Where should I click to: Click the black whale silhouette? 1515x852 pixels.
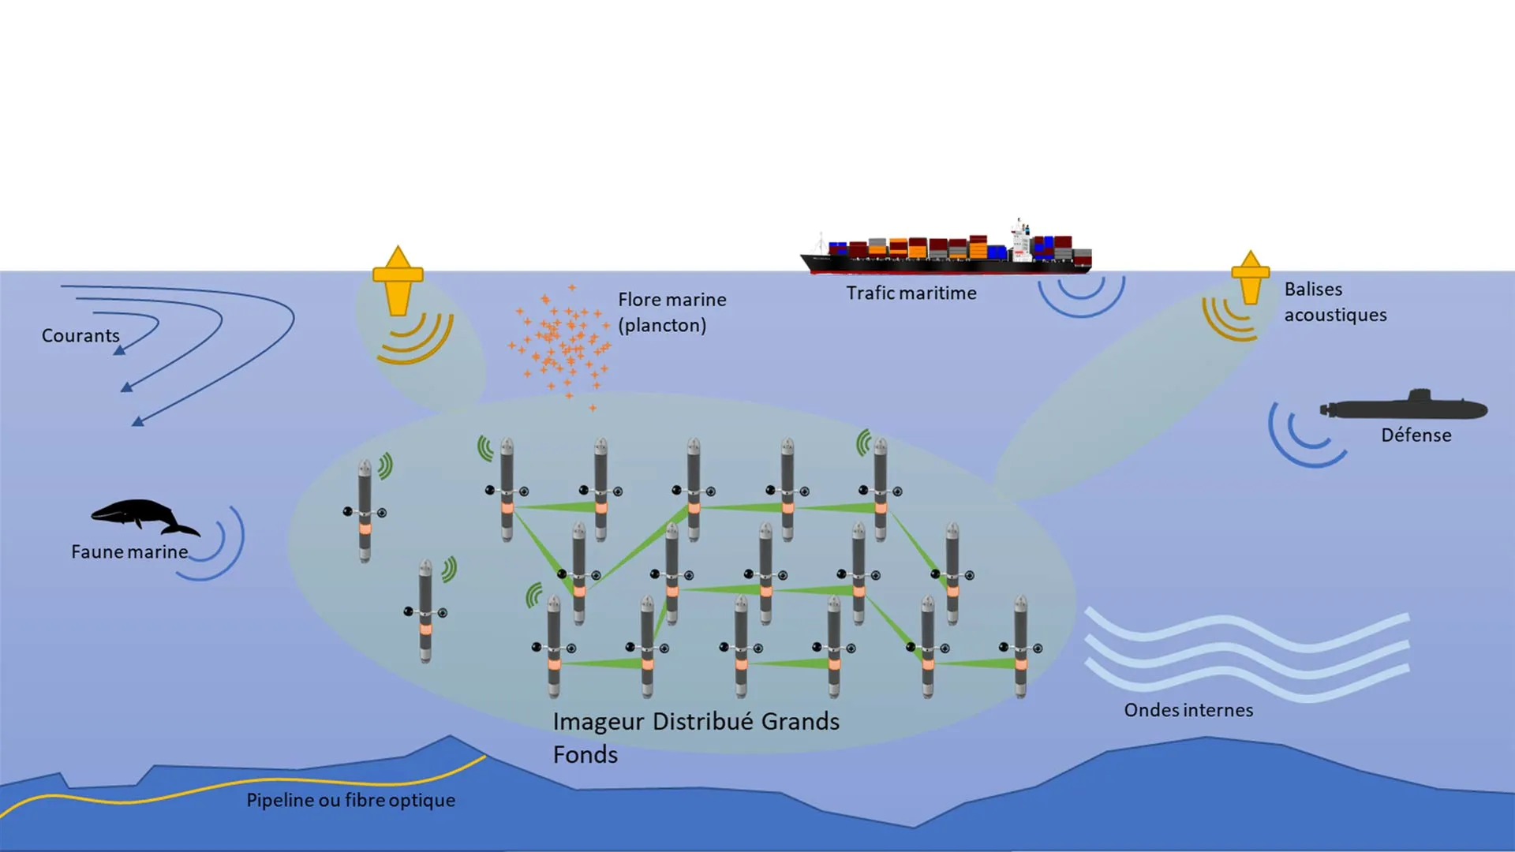click(142, 515)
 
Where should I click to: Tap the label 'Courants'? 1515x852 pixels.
click(80, 335)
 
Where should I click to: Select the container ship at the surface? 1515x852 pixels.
click(947, 252)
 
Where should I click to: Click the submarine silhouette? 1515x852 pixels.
click(1405, 408)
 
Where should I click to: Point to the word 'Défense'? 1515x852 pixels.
click(1416, 435)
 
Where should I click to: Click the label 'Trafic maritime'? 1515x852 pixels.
click(911, 293)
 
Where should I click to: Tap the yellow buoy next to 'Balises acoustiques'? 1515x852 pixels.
click(1251, 278)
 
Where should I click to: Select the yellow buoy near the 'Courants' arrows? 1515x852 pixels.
click(398, 280)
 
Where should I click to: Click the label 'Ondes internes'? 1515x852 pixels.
click(1188, 710)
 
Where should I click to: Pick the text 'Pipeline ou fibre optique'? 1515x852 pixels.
click(350, 800)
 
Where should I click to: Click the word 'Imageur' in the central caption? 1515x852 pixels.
click(598, 722)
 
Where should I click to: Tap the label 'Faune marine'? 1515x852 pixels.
click(129, 552)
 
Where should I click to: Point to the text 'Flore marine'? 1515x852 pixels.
click(671, 300)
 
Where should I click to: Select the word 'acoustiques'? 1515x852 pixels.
click(1335, 315)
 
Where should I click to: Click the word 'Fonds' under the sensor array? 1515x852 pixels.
click(585, 755)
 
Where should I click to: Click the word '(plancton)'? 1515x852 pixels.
click(661, 325)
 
